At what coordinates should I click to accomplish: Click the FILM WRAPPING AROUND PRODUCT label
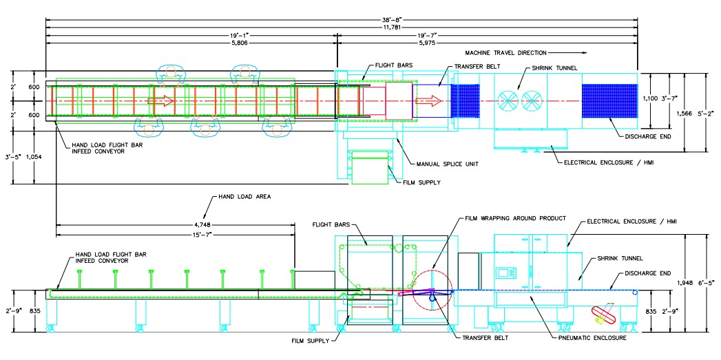point(516,218)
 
